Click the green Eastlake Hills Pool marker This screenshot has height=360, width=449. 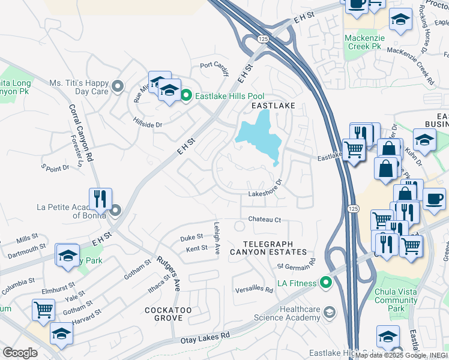[187, 95]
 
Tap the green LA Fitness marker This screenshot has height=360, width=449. [326, 281]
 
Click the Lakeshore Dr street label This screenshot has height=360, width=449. [265, 194]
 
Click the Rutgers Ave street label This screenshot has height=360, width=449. [169, 274]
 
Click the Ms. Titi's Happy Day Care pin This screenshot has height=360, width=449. [117, 86]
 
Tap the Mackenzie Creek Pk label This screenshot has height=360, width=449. [363, 41]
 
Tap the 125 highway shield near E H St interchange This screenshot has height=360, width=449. [262, 38]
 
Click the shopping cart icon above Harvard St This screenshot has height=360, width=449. [43, 310]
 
